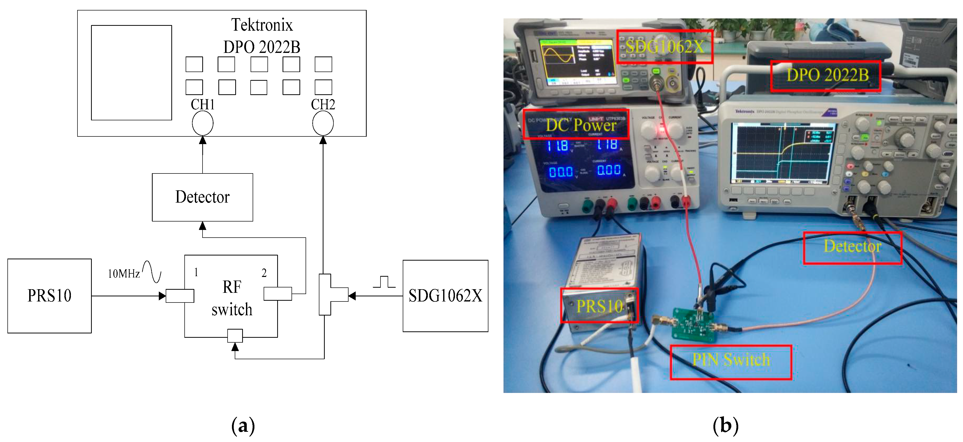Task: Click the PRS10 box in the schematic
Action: tap(49, 296)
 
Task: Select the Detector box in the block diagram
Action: tap(202, 197)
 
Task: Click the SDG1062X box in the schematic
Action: tap(445, 296)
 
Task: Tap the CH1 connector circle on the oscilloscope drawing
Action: tap(203, 124)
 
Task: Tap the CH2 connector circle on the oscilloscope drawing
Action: tap(323, 124)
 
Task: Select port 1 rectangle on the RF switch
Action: tap(180, 296)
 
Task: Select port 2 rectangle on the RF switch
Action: tap(277, 294)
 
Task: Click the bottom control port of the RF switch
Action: tap(235, 335)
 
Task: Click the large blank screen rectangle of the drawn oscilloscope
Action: tap(131, 73)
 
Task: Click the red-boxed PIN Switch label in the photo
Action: tap(731, 362)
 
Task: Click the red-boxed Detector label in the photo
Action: tap(852, 247)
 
